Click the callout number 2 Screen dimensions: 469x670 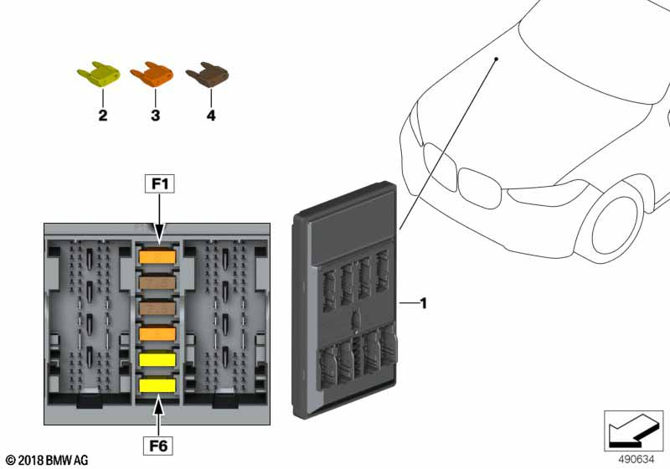[103, 116]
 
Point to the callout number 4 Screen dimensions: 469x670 [211, 116]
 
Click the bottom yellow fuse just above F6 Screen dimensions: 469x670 [157, 385]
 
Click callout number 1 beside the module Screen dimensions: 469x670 [423, 303]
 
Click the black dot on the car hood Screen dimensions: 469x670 [496, 59]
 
